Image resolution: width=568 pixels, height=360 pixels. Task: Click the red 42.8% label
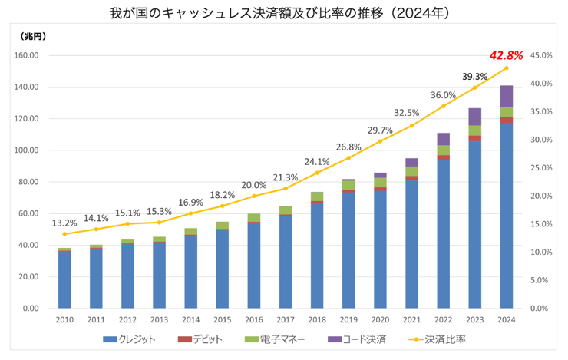click(506, 55)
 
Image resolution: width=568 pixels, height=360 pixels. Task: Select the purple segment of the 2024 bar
click(507, 96)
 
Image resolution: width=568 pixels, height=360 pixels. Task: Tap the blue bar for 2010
click(64, 279)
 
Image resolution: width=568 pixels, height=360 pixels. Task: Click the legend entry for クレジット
click(131, 339)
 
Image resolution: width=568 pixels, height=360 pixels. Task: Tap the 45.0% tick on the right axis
click(541, 55)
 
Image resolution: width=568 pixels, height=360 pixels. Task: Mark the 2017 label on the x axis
click(286, 320)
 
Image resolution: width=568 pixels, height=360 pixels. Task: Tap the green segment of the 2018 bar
click(317, 197)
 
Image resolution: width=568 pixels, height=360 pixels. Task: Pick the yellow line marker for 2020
click(380, 141)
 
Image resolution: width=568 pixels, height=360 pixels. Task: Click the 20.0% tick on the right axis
click(541, 196)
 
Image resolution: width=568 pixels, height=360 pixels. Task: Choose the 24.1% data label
click(317, 161)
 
